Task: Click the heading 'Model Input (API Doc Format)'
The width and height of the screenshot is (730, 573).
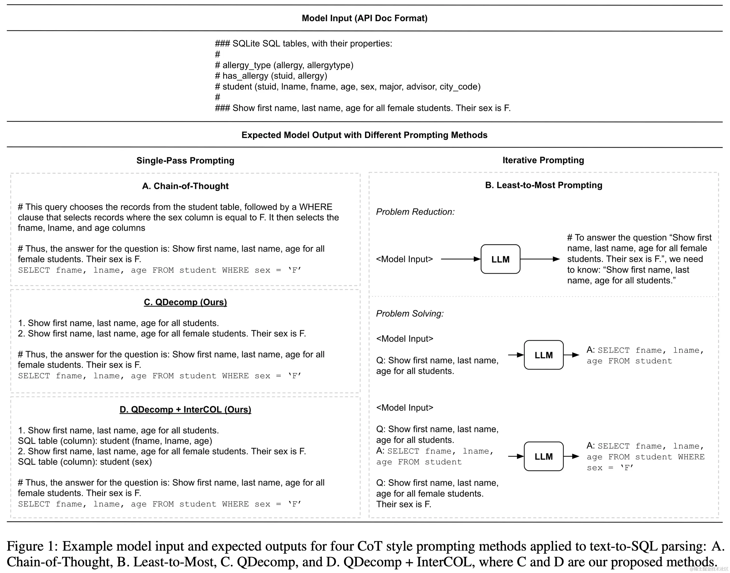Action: point(364,18)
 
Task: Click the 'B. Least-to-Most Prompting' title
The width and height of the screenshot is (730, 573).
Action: point(543,185)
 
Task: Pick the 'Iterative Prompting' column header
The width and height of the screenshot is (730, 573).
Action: point(543,160)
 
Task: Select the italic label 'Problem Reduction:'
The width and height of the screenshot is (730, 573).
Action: point(415,212)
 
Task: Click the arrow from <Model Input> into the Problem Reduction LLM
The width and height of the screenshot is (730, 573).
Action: point(460,259)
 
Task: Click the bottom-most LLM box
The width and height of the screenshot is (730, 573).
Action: point(543,456)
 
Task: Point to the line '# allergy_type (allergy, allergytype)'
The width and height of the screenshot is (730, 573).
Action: point(284,65)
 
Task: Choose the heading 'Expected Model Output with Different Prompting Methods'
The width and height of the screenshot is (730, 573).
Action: point(364,135)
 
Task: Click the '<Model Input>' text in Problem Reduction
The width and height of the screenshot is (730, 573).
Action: point(404,259)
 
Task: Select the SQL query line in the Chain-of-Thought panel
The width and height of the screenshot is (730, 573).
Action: point(160,270)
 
